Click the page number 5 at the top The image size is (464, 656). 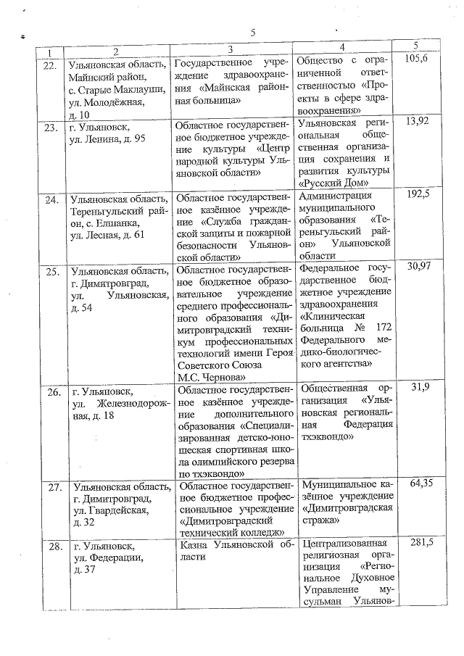pos(254,33)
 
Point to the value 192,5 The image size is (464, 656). pos(418,194)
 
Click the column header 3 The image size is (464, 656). pos(230,50)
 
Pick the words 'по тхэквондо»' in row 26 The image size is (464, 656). pos(210,473)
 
